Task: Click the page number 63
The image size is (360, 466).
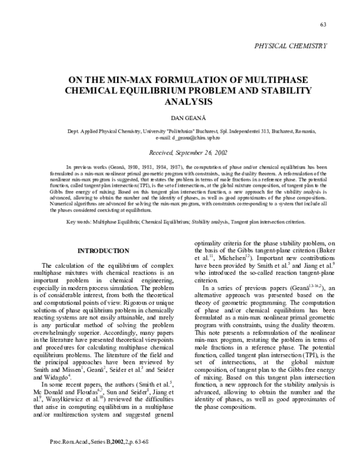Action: [323, 24]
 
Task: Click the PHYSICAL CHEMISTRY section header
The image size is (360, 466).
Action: [291, 45]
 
